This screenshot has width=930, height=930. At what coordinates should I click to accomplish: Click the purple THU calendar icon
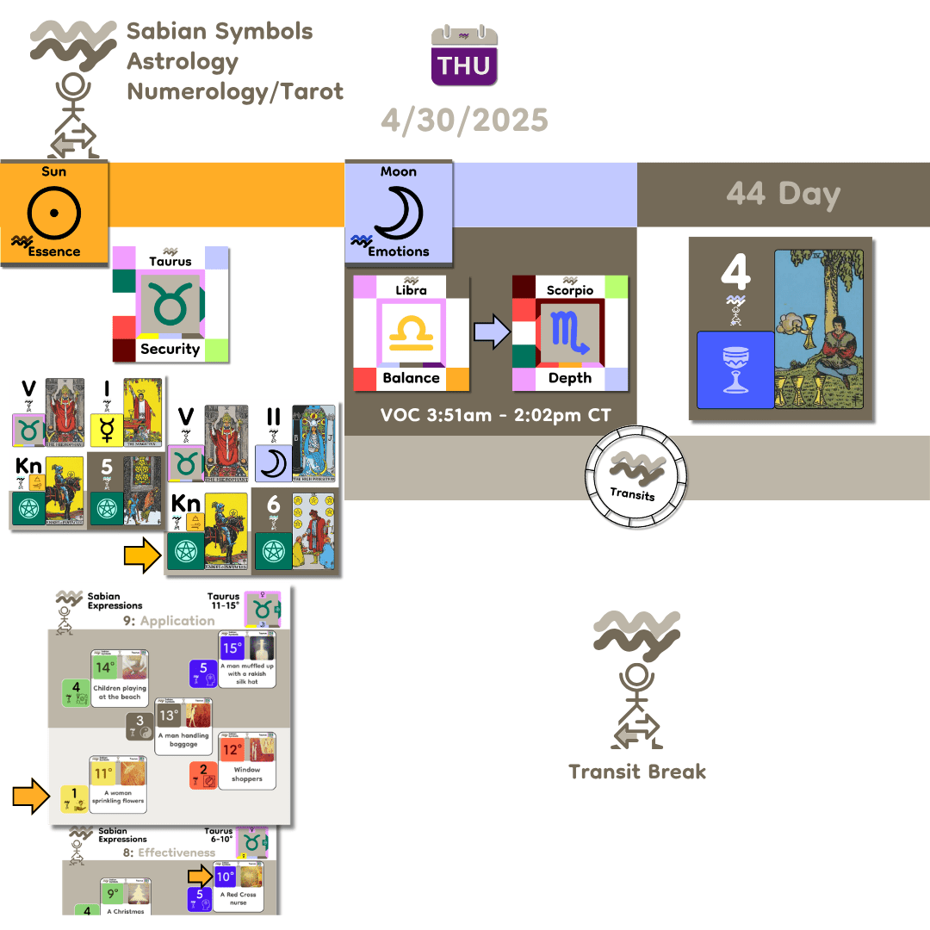coord(464,56)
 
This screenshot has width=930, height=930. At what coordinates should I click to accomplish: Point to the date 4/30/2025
coord(464,120)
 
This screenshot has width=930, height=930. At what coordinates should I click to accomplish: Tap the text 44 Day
coord(783,194)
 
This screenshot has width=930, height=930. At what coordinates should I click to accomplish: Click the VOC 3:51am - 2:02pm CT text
coord(496,416)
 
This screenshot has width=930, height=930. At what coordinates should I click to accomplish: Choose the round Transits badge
coord(636,476)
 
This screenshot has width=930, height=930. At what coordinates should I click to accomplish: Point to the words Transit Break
coord(637,771)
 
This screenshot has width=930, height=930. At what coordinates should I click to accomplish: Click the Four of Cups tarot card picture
coord(824,326)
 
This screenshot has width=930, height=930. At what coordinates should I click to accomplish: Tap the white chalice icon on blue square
coord(735,369)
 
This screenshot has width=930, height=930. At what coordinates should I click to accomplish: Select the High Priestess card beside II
coord(313,443)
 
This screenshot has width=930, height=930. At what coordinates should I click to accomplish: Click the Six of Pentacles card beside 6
coord(313,529)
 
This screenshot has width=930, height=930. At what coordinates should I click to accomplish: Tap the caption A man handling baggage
coord(184,740)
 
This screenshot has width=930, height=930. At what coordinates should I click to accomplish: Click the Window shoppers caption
coord(247,774)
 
